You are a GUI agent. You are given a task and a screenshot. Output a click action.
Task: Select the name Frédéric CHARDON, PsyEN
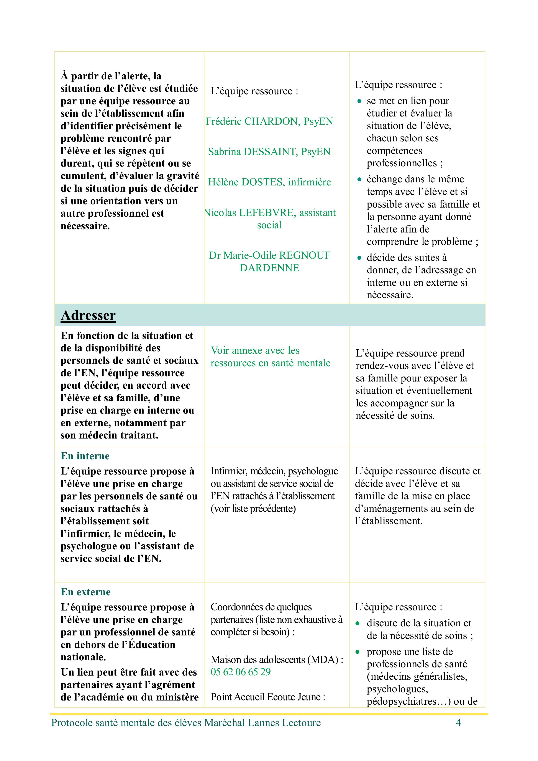pos(269,121)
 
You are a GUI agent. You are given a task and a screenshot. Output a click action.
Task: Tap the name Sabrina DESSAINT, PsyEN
pos(269,152)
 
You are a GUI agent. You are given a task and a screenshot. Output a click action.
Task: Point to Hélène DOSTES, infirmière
pos(269,182)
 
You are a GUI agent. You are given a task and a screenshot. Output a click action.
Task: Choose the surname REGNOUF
pos(305,255)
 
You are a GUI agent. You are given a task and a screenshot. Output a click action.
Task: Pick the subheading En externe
pos(85,592)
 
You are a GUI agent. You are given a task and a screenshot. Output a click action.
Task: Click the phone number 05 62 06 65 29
pos(241,672)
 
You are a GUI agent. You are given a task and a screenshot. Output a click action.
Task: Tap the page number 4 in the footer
pos(458,723)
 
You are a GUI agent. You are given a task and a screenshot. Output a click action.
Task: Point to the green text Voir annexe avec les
pos(255,350)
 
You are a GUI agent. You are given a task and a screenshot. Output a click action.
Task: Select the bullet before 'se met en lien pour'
pos(359,101)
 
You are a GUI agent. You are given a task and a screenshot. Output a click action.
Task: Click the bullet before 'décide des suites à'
pos(359,258)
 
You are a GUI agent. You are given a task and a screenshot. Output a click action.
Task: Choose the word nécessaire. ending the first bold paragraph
pos(85,226)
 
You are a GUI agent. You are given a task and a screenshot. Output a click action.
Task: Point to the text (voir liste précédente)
pos(253,508)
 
